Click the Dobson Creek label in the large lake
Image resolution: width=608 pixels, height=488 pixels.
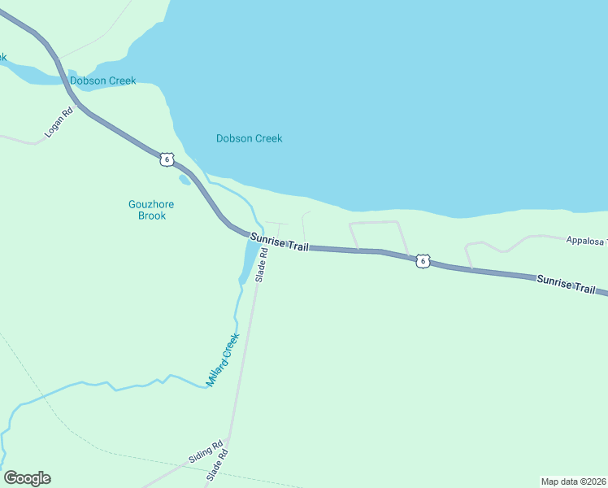click(249, 138)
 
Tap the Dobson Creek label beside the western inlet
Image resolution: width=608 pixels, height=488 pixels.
click(102, 81)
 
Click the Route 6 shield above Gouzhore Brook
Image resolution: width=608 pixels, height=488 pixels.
click(166, 159)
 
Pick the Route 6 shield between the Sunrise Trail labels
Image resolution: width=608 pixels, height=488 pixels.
click(421, 260)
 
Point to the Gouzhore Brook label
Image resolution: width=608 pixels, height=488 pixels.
click(147, 210)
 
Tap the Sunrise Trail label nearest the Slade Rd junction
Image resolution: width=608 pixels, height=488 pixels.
click(279, 242)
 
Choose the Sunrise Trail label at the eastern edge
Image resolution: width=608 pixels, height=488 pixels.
click(566, 284)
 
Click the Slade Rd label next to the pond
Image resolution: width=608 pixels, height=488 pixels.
click(261, 265)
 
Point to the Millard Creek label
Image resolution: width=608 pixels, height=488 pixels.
click(223, 359)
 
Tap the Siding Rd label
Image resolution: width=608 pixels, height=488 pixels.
click(205, 453)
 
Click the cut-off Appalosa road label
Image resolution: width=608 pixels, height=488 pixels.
click(586, 241)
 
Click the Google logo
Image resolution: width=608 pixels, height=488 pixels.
click(27, 478)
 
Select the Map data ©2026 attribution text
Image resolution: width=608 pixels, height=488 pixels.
click(573, 481)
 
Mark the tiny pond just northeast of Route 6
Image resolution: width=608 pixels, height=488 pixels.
click(185, 180)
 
